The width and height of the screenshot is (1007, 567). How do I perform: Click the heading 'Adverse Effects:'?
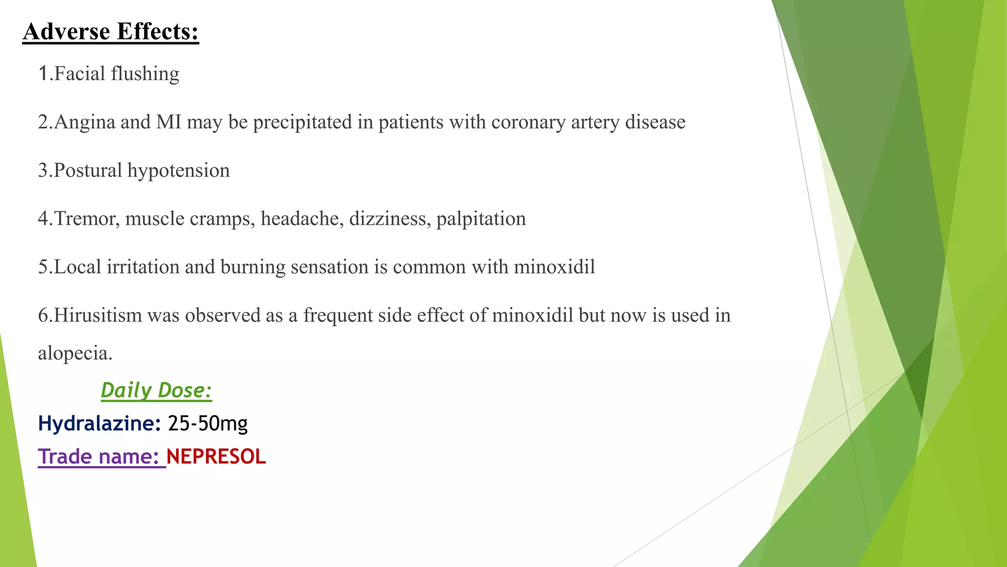(x=111, y=31)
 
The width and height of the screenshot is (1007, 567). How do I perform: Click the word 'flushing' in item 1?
(x=145, y=74)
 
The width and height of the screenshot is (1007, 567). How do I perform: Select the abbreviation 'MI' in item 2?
(x=169, y=122)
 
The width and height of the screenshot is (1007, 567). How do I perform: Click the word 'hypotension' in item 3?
(x=178, y=170)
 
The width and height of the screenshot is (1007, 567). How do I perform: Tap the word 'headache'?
(x=302, y=219)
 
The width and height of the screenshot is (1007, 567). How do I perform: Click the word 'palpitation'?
(x=481, y=219)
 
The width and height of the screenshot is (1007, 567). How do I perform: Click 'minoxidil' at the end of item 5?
(x=554, y=267)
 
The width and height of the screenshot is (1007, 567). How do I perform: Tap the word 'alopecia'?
(x=75, y=353)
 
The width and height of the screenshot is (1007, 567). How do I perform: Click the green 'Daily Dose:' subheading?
(x=156, y=390)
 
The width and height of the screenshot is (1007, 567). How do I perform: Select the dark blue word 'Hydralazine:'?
(x=99, y=423)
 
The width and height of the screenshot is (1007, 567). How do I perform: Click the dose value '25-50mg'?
(x=207, y=423)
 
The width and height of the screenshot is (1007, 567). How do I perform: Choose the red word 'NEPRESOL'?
(x=216, y=457)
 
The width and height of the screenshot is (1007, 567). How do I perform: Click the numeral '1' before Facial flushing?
(x=43, y=74)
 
